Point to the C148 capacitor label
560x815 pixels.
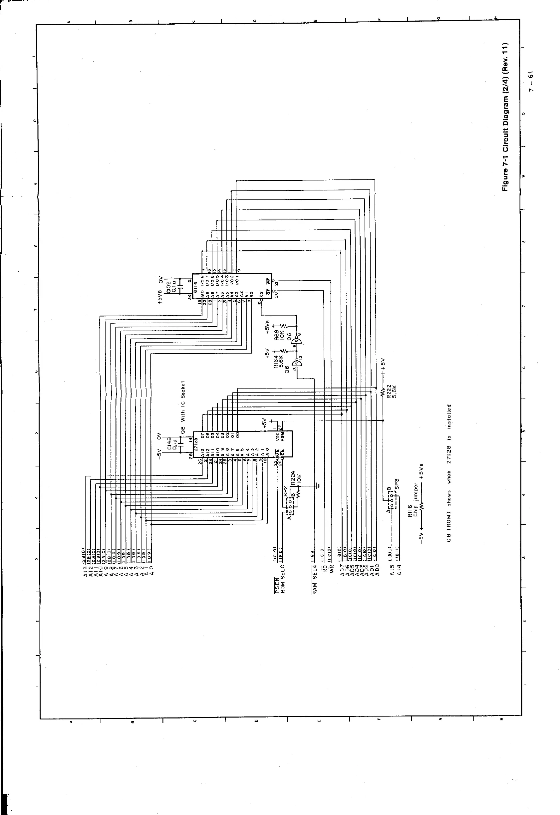tap(169, 443)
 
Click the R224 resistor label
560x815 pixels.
tap(293, 478)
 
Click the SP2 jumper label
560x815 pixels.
tap(285, 490)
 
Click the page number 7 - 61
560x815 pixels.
tap(532, 81)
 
